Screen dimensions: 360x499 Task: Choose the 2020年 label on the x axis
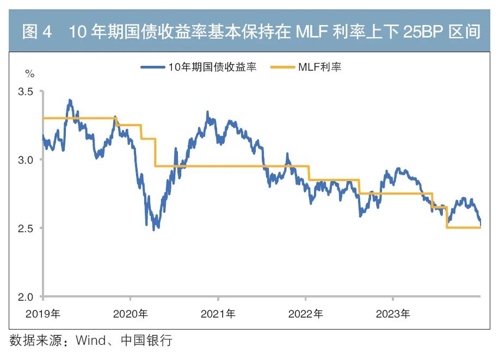[x=130, y=314]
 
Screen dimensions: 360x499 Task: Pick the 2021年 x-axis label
[x=218, y=314]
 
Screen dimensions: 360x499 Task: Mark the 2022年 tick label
[x=305, y=314]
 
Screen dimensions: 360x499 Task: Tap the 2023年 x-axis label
[x=393, y=314]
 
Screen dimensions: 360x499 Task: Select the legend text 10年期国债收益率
[x=212, y=67]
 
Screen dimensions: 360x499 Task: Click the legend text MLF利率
[x=319, y=67]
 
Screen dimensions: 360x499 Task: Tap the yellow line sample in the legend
[x=283, y=67]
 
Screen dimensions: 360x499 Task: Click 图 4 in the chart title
[x=37, y=32]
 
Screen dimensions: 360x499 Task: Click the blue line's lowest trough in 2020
[x=154, y=229]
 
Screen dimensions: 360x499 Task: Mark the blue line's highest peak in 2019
[x=70, y=101]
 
